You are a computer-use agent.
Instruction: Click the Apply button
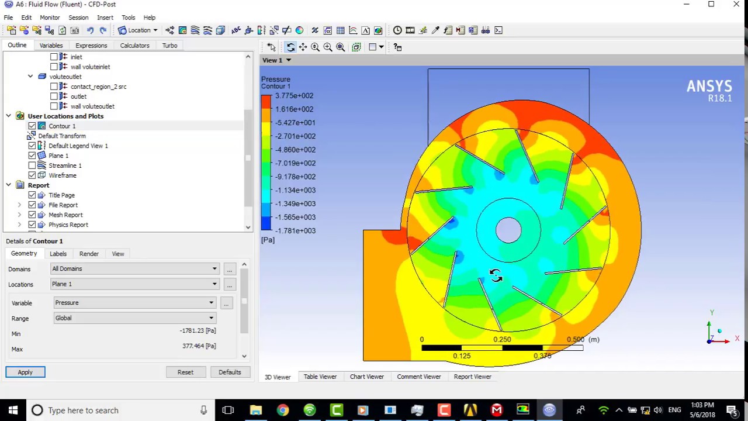tap(25, 372)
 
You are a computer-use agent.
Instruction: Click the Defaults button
tap(230, 372)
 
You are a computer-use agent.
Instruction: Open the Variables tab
tap(51, 45)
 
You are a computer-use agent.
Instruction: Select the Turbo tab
tap(169, 45)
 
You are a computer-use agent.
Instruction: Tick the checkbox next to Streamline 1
tap(32, 165)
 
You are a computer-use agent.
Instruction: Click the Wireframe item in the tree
tap(62, 175)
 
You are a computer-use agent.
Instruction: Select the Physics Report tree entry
tap(68, 225)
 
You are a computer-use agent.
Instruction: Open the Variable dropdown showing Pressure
tap(134, 303)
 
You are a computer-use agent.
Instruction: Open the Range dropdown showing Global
tap(134, 318)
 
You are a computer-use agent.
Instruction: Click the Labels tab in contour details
tap(58, 254)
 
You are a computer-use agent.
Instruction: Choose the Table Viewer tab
tap(320, 377)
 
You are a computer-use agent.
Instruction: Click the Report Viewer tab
tap(472, 377)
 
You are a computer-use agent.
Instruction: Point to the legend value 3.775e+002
tap(295, 96)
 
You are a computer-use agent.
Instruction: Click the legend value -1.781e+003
tap(296, 231)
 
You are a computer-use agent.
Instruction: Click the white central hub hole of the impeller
tap(508, 230)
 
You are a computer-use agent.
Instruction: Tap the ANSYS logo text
tap(709, 87)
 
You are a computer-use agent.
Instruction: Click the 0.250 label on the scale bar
tap(502, 339)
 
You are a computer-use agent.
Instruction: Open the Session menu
tap(78, 18)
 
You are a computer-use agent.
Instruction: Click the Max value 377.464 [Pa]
tap(199, 346)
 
